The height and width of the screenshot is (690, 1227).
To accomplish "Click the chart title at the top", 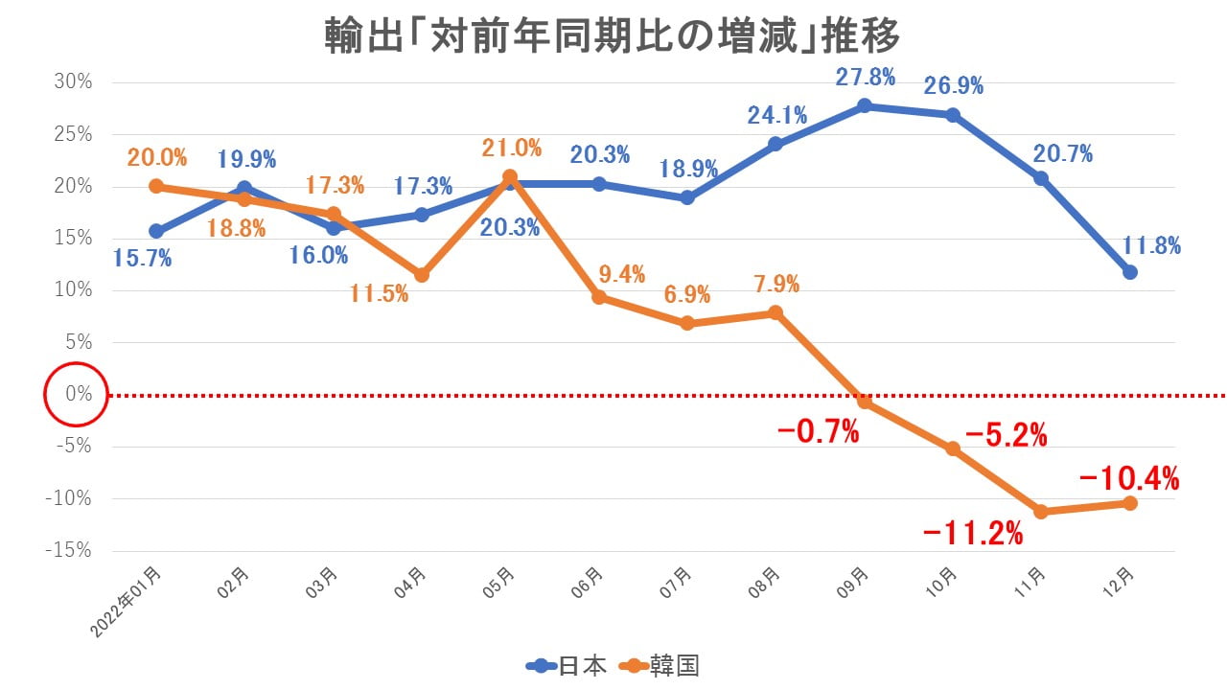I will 613,36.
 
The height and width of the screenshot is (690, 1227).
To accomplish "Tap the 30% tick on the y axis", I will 73,82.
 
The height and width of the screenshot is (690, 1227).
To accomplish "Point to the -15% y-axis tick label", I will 70,550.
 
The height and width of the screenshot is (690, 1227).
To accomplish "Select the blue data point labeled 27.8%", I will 865,105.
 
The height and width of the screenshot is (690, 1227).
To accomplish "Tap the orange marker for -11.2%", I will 1041,512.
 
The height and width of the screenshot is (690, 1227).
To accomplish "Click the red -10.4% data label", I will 1128,476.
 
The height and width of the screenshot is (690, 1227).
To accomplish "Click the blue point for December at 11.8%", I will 1130,272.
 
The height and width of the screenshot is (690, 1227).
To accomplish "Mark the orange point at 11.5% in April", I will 422,275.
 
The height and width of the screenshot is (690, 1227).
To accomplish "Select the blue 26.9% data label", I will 953,86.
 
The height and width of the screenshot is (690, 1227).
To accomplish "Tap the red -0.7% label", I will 818,432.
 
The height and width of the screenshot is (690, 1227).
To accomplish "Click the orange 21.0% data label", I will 511,149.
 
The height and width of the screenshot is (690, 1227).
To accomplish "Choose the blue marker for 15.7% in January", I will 156,231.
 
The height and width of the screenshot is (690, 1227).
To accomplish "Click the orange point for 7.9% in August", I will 776,312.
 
